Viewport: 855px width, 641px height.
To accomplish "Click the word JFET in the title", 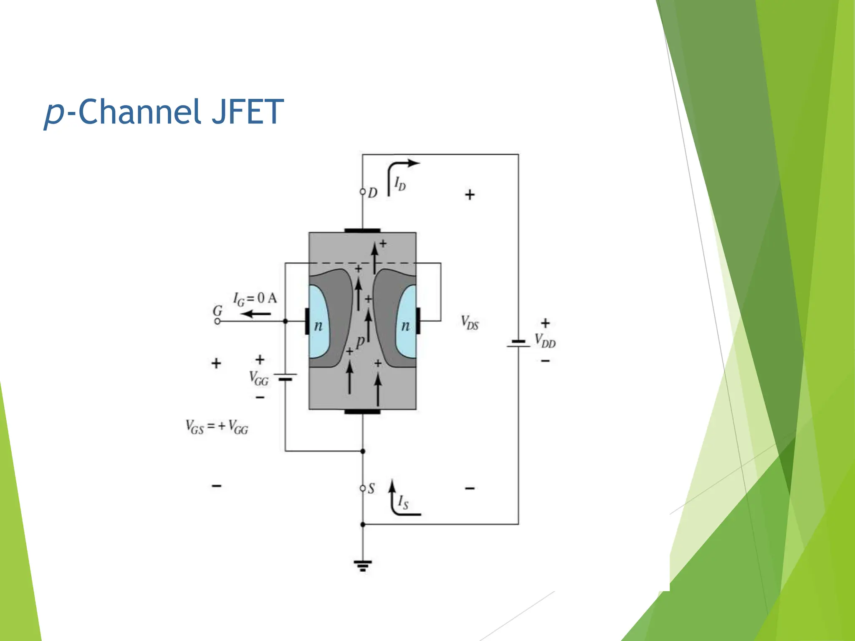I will coord(248,112).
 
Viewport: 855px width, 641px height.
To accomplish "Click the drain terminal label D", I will coord(372,193).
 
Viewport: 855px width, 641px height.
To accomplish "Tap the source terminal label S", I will coord(371,488).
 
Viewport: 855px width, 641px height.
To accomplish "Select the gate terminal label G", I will coord(218,311).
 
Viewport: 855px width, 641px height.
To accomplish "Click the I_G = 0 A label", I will coord(255,298).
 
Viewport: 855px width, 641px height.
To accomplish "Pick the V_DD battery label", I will coord(545,341).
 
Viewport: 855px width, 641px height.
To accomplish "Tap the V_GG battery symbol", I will coord(286,377).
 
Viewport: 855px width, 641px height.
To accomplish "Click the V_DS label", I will coord(470,323).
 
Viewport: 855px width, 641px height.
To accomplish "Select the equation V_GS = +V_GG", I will coord(217,427).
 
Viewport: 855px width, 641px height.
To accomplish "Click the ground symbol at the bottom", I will coord(362,566).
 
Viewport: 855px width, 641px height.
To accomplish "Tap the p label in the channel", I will coord(360,341).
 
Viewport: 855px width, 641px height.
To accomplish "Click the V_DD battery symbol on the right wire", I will coord(519,343).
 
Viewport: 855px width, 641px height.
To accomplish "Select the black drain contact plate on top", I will coord(362,230).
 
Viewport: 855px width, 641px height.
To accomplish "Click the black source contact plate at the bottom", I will coord(362,411).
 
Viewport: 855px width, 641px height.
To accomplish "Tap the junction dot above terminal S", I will coord(363,451).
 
